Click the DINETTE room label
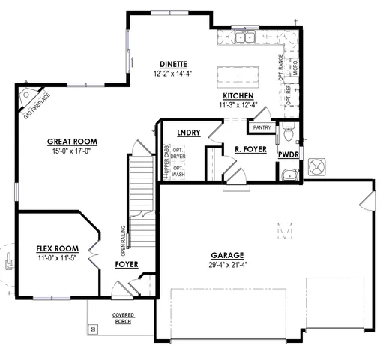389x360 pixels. coord(173,64)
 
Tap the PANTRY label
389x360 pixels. coord(262,127)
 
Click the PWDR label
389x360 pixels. coord(288,154)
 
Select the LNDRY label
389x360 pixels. coord(188,133)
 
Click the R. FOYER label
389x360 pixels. coord(250,150)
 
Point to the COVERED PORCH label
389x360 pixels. coord(124,318)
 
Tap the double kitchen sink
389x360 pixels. coord(244,37)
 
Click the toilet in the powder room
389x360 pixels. coord(289,135)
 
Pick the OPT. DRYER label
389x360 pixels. coord(178,154)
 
